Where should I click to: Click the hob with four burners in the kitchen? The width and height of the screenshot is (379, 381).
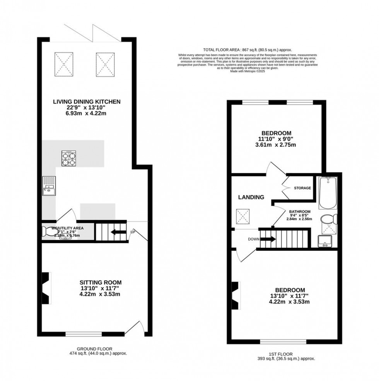[x=70, y=158]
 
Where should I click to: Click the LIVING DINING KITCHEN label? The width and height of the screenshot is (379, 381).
[x=87, y=102]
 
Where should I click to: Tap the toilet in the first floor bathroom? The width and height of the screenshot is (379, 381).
[x=330, y=220]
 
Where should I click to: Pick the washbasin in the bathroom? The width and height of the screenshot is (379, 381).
[x=325, y=242]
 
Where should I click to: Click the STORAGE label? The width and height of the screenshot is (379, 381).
[x=302, y=188]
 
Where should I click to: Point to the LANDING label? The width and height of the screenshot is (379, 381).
[x=251, y=197]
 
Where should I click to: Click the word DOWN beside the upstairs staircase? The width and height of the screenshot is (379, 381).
[x=254, y=239]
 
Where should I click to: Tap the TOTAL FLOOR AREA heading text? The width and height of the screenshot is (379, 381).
[x=248, y=50]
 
